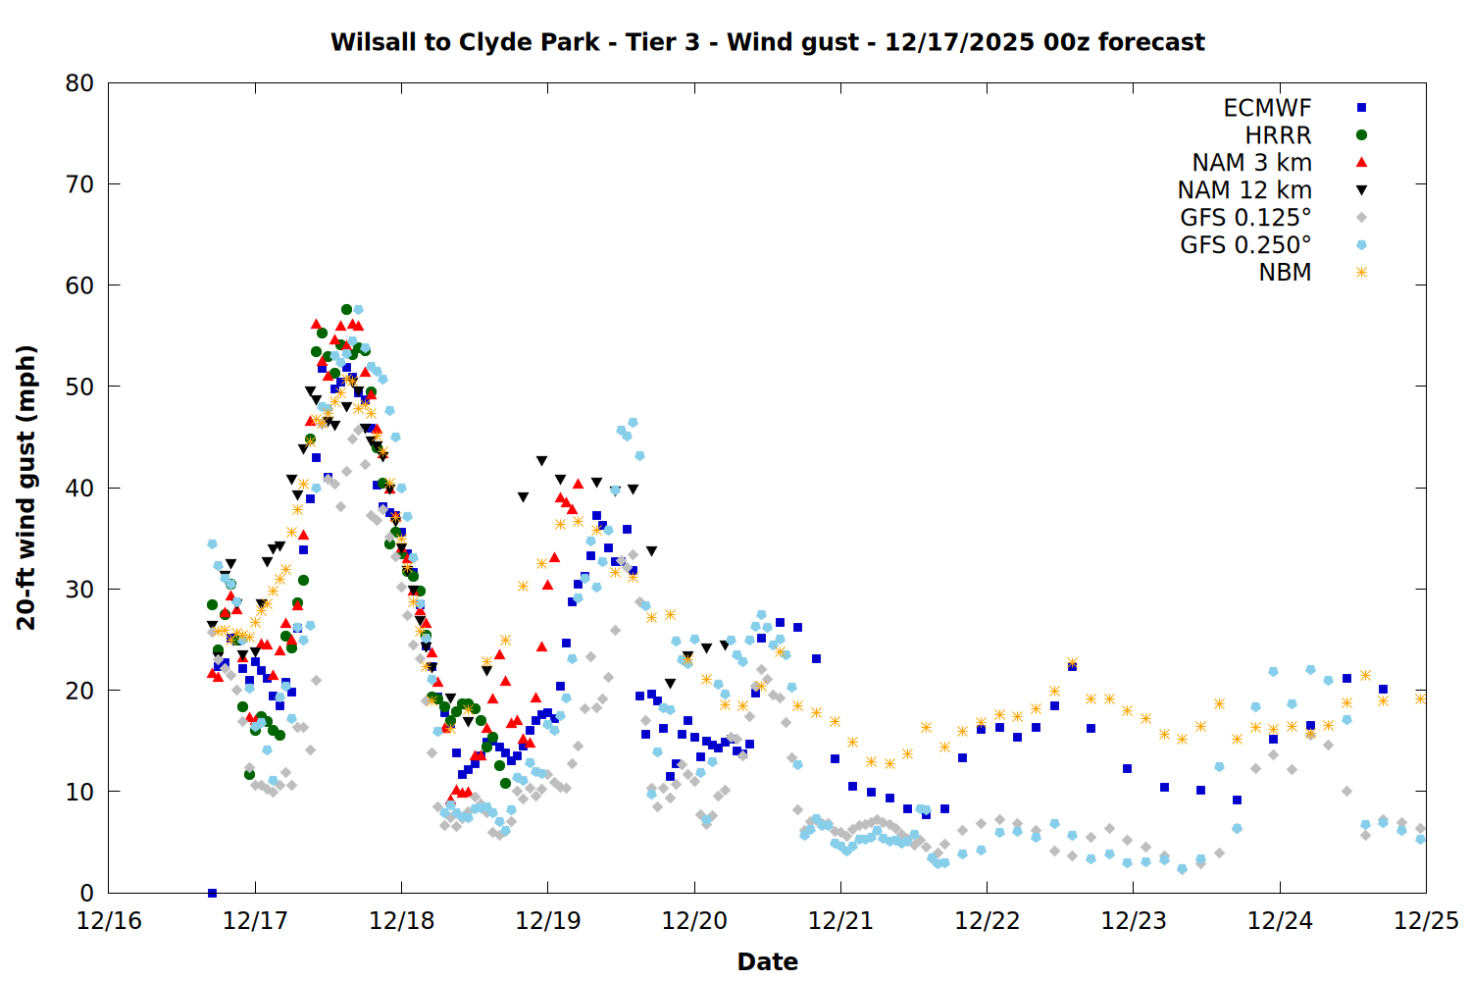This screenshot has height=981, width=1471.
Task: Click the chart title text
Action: tap(767, 42)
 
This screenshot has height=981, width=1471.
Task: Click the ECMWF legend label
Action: tap(1267, 108)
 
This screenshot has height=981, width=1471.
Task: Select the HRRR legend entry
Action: tap(1278, 135)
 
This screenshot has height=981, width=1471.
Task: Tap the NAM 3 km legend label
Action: tap(1251, 163)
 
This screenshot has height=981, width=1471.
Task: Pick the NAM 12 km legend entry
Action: tap(1244, 190)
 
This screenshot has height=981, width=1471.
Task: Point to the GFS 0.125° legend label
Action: tap(1245, 218)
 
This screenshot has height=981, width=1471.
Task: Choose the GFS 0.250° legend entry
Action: tap(1245, 245)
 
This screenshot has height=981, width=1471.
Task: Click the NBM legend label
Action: tap(1285, 273)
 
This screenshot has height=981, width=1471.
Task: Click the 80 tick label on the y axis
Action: tap(79, 83)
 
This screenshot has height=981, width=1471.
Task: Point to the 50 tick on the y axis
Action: tap(79, 387)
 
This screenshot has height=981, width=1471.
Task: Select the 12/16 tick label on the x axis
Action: tap(109, 921)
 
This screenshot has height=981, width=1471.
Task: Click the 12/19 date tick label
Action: tap(548, 921)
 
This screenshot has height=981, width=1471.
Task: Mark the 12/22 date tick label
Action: tap(987, 921)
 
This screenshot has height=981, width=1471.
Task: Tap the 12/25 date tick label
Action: tap(1426, 921)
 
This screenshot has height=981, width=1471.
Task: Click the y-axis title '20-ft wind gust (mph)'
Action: tap(26, 488)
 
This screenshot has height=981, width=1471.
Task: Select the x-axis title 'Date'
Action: tap(767, 961)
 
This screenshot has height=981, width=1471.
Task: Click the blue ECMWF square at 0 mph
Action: tap(212, 893)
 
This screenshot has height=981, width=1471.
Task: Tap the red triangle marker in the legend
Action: tap(1361, 162)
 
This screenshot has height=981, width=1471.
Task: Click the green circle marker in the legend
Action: tap(1361, 135)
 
